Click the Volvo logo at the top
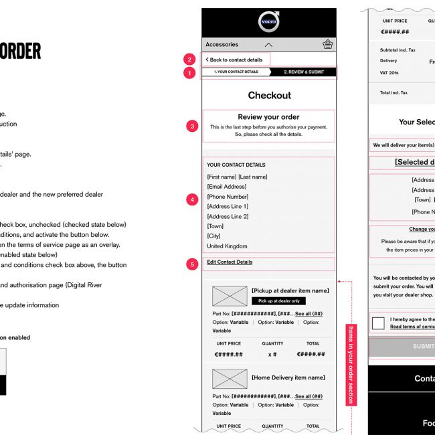click(269, 22)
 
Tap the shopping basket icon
click(327, 45)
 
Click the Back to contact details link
click(234, 60)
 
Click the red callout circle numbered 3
click(193, 125)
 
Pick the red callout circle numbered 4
click(193, 199)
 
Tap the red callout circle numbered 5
click(193, 264)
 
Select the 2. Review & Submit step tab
click(304, 71)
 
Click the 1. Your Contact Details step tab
click(236, 71)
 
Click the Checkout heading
click(269, 96)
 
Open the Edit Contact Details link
click(230, 262)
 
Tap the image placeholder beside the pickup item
click(230, 296)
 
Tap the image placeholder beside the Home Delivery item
click(230, 379)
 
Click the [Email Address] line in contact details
click(226, 187)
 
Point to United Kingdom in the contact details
click(227, 246)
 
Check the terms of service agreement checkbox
click(378, 323)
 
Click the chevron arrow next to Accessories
click(269, 45)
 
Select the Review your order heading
click(268, 116)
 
